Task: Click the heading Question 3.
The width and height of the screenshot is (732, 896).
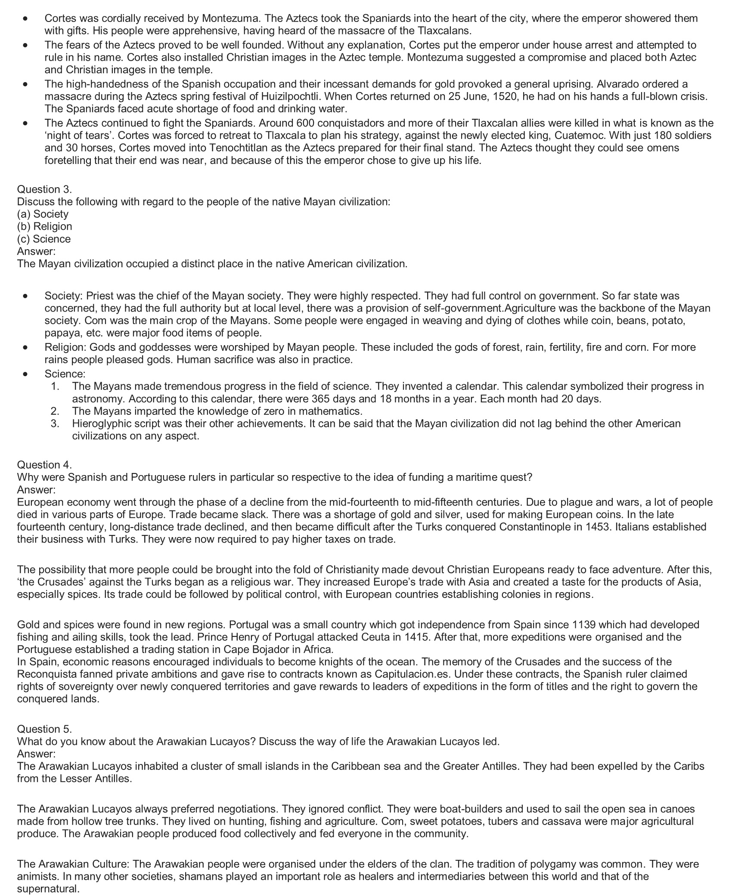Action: coord(44,189)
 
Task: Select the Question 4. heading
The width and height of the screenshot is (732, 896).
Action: coord(44,465)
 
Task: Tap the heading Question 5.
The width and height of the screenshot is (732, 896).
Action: coord(44,729)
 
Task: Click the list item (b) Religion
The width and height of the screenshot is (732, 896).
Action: coord(44,226)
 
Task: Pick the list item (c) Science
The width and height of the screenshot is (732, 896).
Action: coord(43,239)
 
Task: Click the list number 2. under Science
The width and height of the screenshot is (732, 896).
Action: coord(55,411)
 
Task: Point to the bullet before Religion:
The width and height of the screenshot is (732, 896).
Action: coord(27,347)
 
